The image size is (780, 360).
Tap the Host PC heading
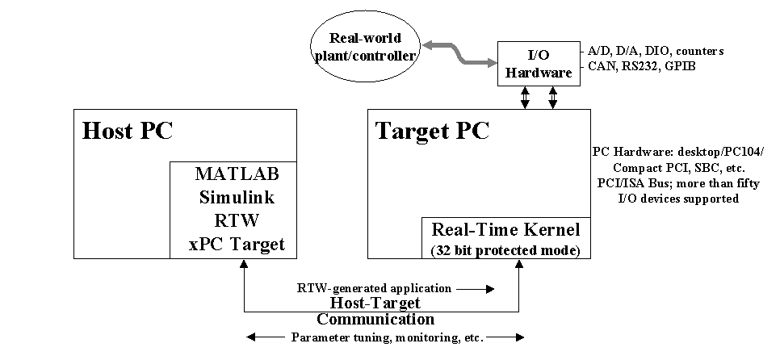128,131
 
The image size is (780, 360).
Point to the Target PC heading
432,131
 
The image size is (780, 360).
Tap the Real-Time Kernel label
506,229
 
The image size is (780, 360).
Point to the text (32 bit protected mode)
506,249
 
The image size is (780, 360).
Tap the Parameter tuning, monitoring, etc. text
387,337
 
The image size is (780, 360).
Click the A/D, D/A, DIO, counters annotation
656,51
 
